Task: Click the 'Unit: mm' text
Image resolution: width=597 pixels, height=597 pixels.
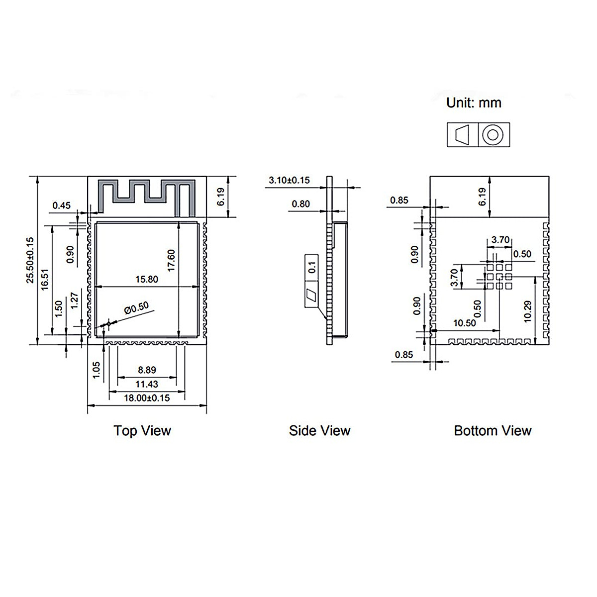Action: click(x=474, y=103)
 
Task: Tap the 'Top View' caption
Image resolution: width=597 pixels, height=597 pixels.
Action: click(x=142, y=430)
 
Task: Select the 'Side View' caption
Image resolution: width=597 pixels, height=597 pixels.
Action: click(x=319, y=430)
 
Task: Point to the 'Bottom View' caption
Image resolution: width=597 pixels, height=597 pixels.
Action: click(x=493, y=430)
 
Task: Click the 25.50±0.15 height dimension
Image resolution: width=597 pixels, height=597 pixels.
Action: click(x=30, y=260)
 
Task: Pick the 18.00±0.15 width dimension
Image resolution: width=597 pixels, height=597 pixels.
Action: click(x=147, y=398)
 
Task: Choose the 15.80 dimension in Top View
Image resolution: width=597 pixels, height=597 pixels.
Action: click(x=147, y=279)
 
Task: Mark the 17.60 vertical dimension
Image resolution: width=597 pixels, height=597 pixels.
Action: click(x=171, y=260)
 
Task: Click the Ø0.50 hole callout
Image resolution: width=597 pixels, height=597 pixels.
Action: click(x=136, y=308)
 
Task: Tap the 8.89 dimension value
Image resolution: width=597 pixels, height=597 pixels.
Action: click(x=147, y=370)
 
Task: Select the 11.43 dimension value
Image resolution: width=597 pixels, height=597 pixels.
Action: click(x=147, y=384)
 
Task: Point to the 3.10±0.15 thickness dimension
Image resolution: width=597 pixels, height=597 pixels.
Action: click(x=289, y=180)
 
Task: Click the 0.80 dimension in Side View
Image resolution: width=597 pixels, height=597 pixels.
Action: click(x=300, y=203)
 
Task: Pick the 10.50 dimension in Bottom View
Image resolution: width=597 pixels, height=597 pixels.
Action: click(x=464, y=323)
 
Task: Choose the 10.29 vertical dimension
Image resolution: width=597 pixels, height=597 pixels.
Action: click(x=528, y=311)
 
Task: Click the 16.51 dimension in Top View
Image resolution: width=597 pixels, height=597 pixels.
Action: click(x=45, y=280)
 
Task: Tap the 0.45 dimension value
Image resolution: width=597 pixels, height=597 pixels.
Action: click(x=62, y=205)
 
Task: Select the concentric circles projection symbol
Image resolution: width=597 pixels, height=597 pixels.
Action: click(x=493, y=135)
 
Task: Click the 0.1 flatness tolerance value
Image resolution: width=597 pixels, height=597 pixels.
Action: click(x=312, y=267)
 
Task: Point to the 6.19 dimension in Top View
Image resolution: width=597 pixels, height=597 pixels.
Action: click(x=220, y=197)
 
